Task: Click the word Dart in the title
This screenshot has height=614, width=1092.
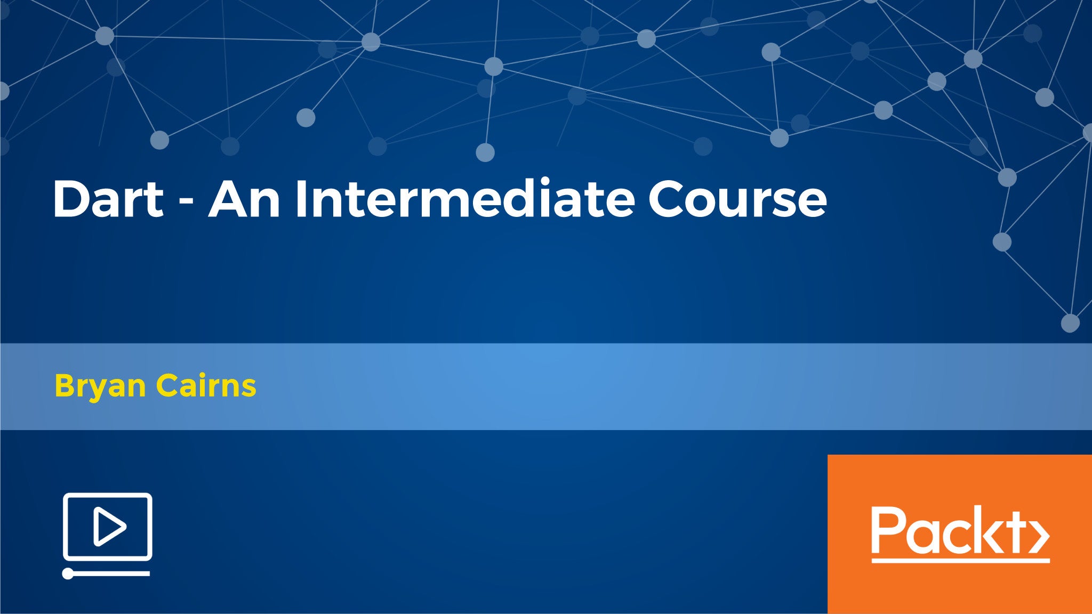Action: (108, 199)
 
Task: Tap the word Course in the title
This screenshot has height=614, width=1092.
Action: (737, 199)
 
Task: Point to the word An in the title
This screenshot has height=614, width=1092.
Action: (244, 199)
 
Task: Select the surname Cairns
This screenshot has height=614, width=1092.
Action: (206, 385)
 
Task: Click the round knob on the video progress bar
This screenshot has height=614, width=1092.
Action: (68, 573)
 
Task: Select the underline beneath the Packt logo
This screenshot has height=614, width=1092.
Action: (960, 560)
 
